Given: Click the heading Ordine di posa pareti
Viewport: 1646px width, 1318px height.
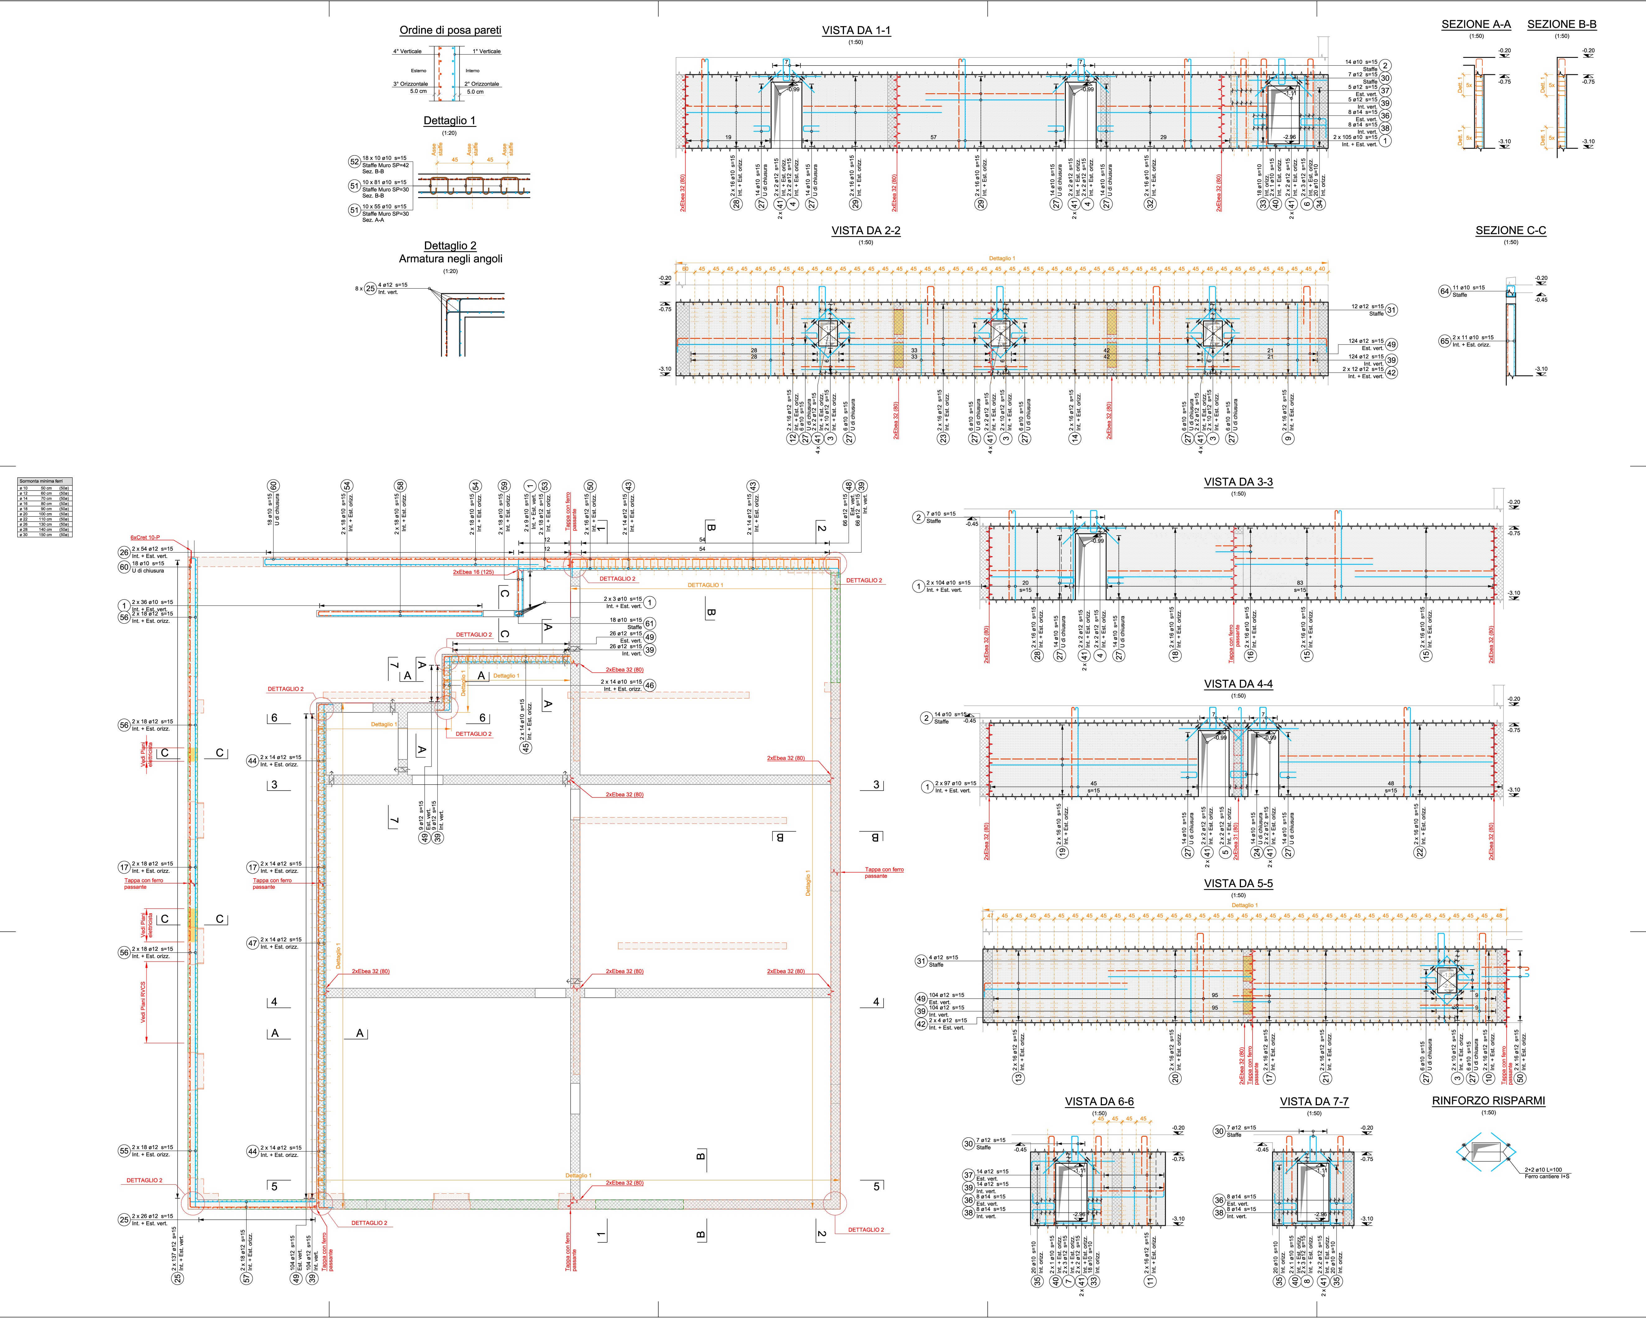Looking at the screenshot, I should coord(450,30).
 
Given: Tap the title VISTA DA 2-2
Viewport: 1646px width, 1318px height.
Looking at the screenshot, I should coord(866,230).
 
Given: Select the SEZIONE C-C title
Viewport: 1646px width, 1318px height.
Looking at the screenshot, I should coord(1511,230).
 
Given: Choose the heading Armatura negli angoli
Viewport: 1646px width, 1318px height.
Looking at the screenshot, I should coord(450,259).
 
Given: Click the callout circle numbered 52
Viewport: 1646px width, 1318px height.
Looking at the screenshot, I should coord(354,162).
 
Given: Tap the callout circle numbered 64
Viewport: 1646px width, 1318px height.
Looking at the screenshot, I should coord(1444,291).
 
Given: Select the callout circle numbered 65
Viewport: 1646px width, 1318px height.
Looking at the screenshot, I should coord(1444,341).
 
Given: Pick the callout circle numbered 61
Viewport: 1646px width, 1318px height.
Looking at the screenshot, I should coord(650,624).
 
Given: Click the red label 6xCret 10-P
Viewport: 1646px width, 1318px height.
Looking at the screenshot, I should coord(145,537).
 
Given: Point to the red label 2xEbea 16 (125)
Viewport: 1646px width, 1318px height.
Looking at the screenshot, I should coord(473,572).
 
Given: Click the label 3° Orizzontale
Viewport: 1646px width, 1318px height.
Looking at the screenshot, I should coord(411,84).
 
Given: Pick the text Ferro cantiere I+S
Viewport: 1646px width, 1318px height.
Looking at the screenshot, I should coord(1547,1176).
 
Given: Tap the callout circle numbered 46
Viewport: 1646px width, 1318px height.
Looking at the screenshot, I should coord(650,685).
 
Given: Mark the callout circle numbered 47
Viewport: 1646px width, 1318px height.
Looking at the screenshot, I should coord(253,943).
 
